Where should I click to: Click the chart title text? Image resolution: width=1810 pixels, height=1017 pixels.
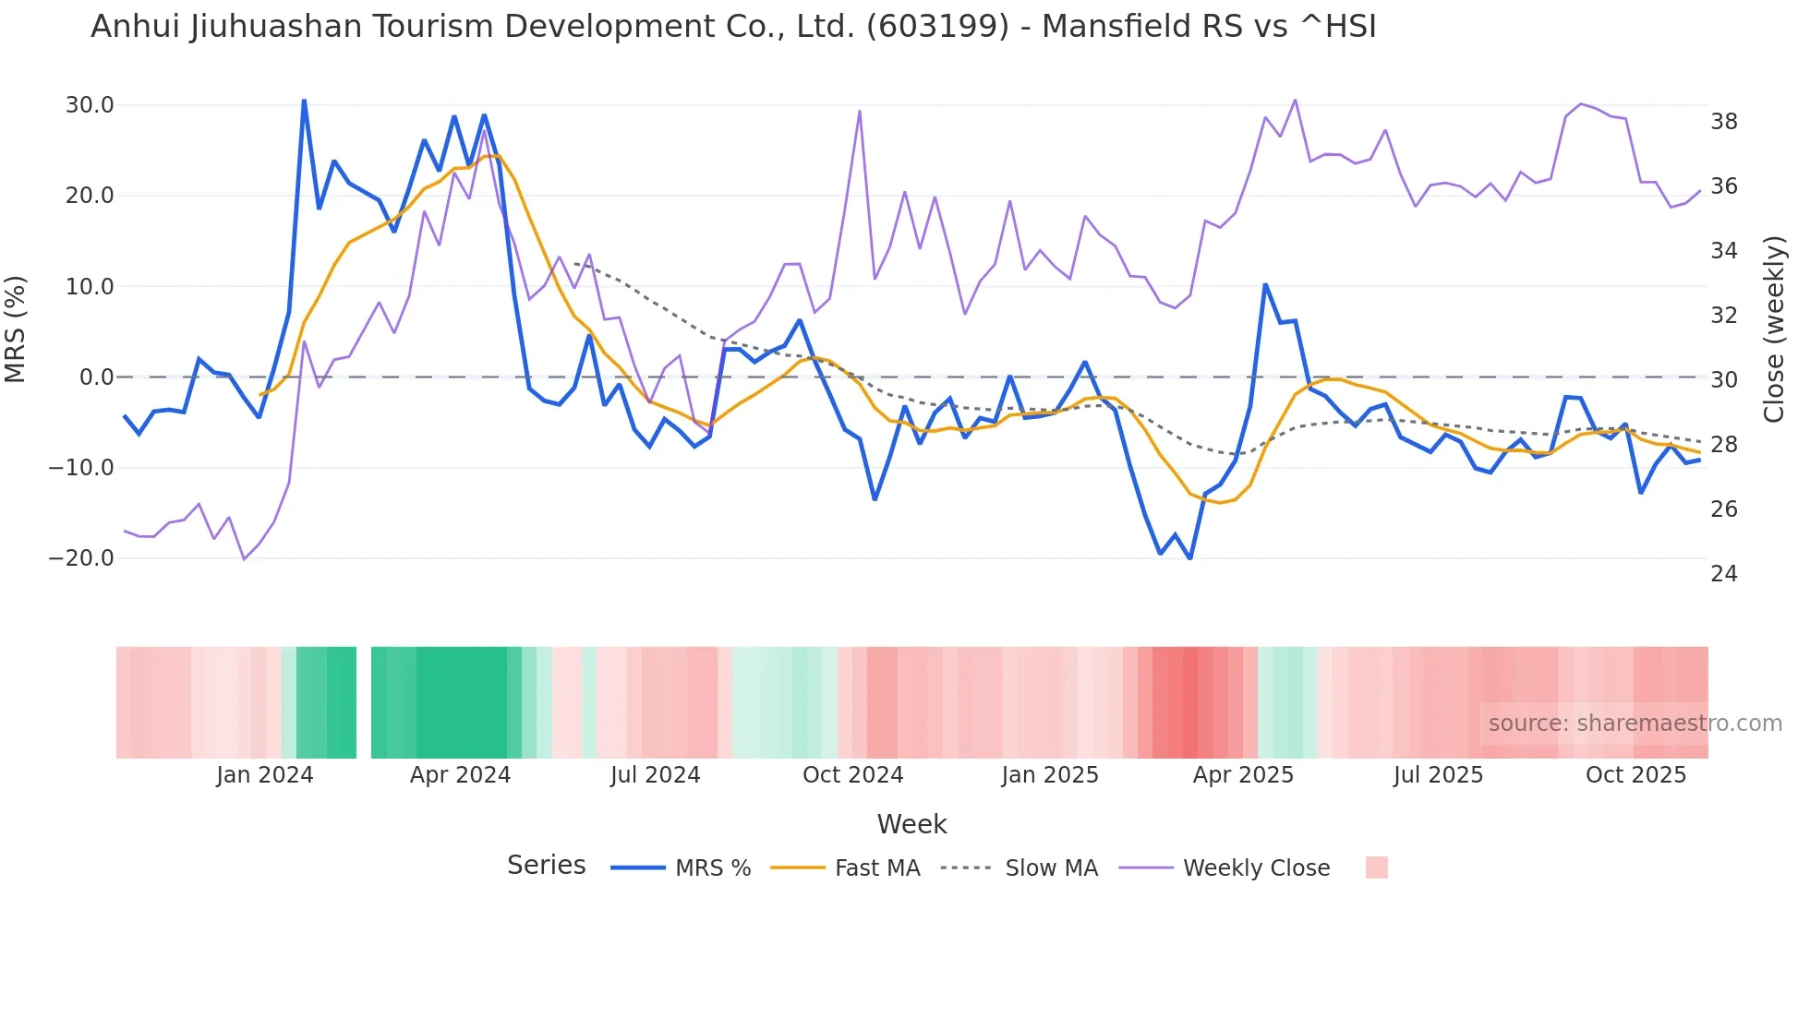pyautogui.click(x=733, y=27)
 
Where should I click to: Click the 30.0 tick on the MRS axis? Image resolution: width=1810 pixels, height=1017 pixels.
pyautogui.click(x=90, y=105)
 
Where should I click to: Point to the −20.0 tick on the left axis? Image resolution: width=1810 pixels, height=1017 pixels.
pyautogui.click(x=81, y=558)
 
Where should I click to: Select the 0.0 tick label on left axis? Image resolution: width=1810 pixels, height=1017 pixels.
pyautogui.click(x=97, y=377)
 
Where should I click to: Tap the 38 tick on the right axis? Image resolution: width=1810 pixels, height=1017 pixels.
pyautogui.click(x=1723, y=122)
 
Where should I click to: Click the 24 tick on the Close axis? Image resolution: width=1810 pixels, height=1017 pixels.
pyautogui.click(x=1723, y=574)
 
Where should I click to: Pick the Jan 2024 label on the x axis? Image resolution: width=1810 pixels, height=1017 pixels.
pyautogui.click(x=265, y=775)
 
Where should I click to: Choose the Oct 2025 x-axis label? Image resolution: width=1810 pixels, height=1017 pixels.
pyautogui.click(x=1635, y=775)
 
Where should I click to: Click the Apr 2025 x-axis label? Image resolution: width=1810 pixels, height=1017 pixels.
pyautogui.click(x=1243, y=775)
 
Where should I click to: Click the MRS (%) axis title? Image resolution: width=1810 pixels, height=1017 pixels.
pyautogui.click(x=16, y=329)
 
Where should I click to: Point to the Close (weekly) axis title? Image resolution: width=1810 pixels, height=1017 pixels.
pyautogui.click(x=1774, y=329)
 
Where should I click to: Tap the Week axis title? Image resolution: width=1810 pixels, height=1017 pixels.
pyautogui.click(x=911, y=824)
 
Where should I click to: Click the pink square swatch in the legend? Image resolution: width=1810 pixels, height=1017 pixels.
pyautogui.click(x=1376, y=867)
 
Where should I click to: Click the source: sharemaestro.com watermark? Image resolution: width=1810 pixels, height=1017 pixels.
pyautogui.click(x=1635, y=724)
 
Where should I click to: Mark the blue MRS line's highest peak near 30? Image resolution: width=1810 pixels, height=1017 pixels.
pyautogui.click(x=304, y=101)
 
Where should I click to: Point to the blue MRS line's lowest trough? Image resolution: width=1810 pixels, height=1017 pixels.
pyautogui.click(x=1190, y=558)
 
